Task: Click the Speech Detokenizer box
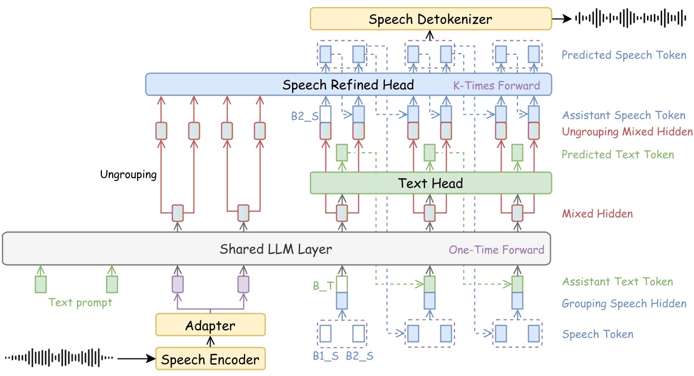click(x=430, y=19)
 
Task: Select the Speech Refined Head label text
click(x=348, y=85)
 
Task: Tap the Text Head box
click(x=430, y=183)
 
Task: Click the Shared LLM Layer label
click(x=276, y=249)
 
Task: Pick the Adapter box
click(x=210, y=326)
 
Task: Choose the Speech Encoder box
click(x=210, y=359)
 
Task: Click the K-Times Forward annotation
click(x=496, y=87)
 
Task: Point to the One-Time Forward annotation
click(x=496, y=249)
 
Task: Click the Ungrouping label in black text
click(x=128, y=174)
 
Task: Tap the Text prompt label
click(x=80, y=302)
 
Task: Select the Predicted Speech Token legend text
click(x=623, y=55)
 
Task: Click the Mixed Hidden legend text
click(x=597, y=214)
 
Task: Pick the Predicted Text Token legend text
click(x=618, y=154)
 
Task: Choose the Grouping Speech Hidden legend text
click(x=624, y=304)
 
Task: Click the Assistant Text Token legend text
click(x=617, y=282)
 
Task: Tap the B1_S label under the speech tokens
click(x=325, y=356)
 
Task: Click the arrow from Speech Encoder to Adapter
click(x=210, y=342)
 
